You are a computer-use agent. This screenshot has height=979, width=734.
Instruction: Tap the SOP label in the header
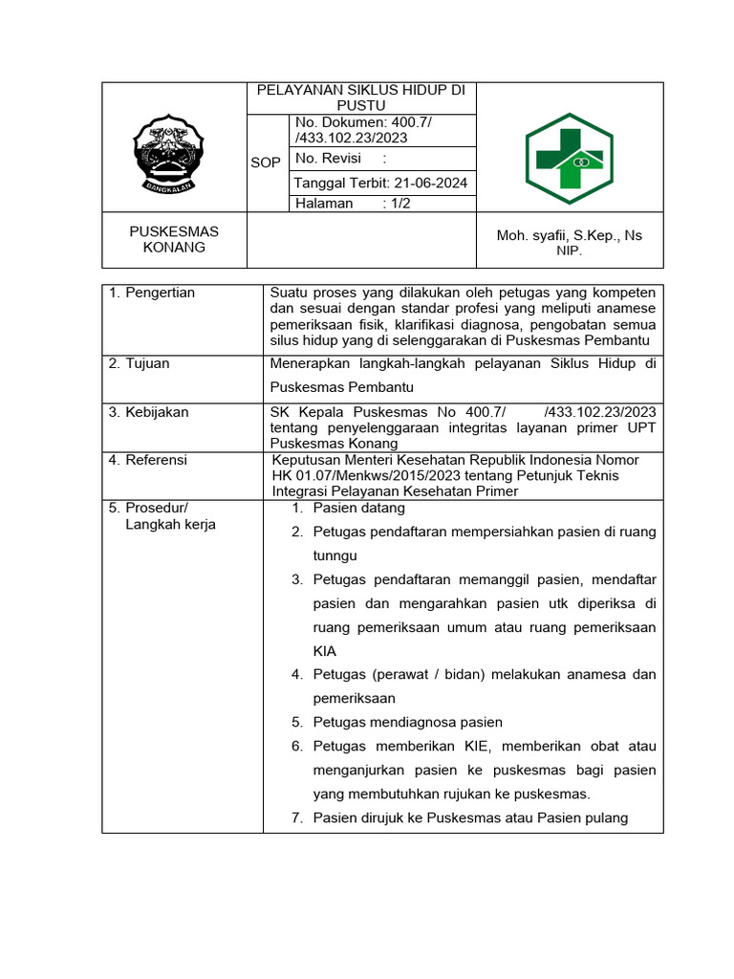click(266, 163)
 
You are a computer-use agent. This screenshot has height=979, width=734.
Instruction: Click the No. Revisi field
click(341, 159)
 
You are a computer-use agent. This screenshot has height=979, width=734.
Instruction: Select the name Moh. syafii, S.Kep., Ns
click(569, 235)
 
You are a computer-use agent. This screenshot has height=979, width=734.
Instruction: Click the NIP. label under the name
click(569, 250)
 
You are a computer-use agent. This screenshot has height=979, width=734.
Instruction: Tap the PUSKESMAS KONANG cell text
click(174, 239)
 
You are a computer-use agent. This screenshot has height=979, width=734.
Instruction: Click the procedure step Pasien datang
click(359, 508)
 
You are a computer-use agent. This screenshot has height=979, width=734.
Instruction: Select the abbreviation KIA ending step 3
click(325, 651)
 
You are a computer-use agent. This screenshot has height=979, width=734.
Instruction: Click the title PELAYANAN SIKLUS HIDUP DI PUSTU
click(361, 98)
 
